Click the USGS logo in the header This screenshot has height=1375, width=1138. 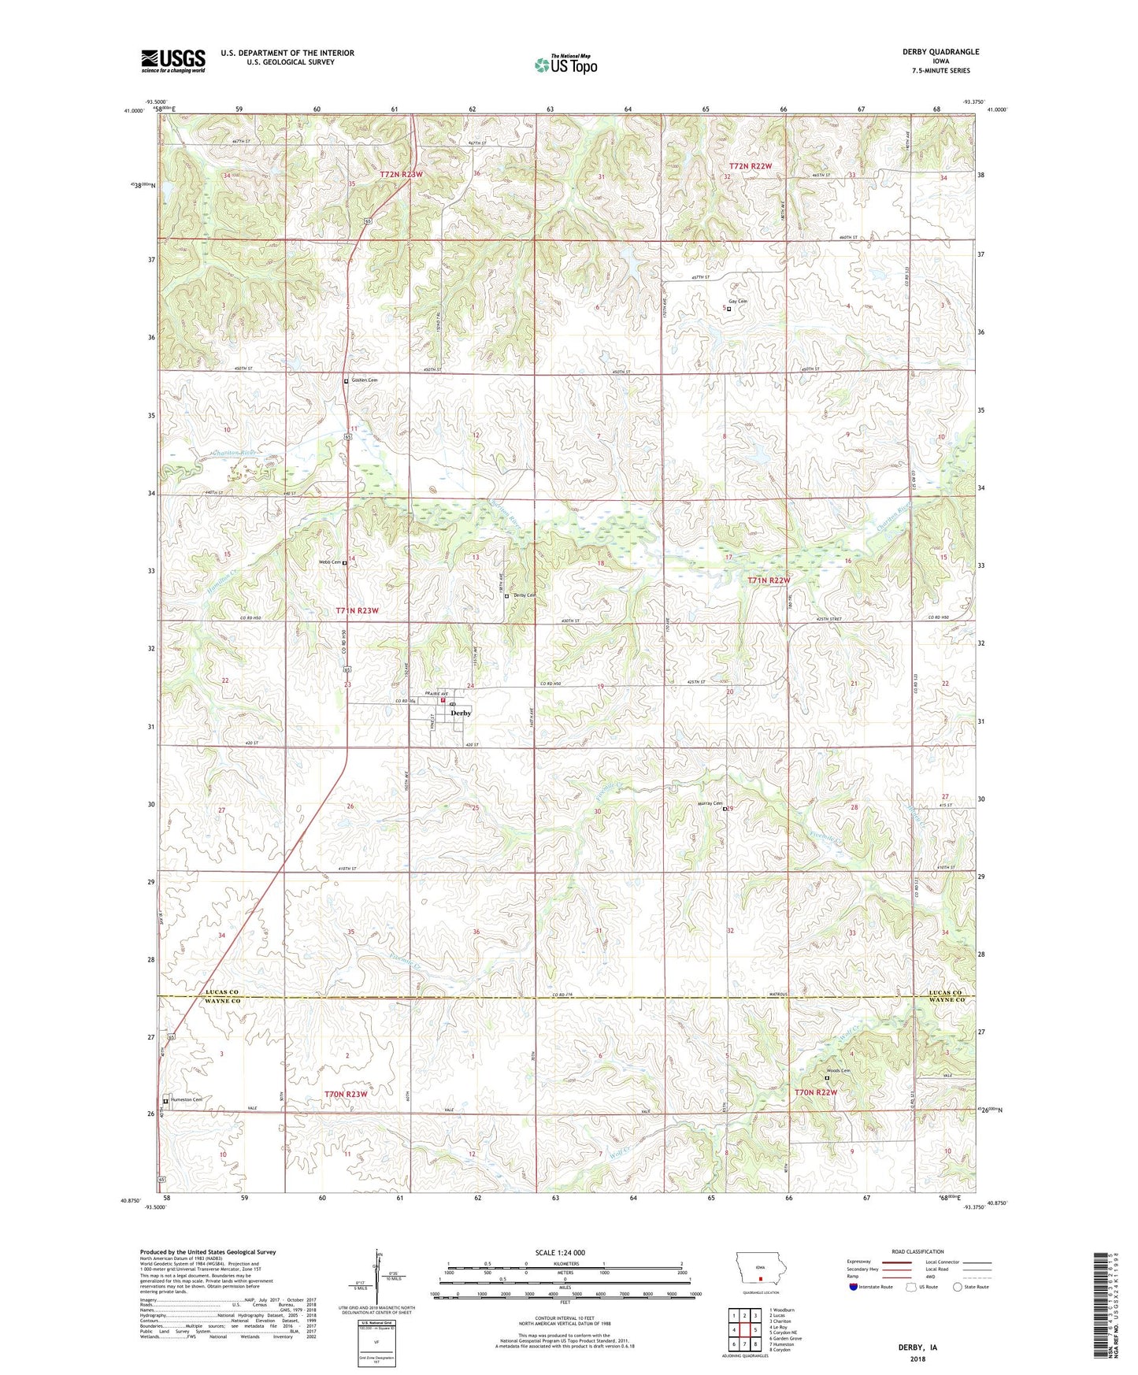click(172, 61)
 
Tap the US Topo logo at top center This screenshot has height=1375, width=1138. click(565, 65)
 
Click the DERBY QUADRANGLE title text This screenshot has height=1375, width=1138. click(940, 52)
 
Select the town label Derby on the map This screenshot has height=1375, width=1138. click(461, 713)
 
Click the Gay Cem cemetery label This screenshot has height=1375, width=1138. click(737, 302)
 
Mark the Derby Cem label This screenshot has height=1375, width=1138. click(524, 595)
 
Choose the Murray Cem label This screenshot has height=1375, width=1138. click(710, 803)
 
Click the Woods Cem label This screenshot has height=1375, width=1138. click(838, 1071)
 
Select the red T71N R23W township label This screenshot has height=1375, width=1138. click(357, 610)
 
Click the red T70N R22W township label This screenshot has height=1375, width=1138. click(815, 1092)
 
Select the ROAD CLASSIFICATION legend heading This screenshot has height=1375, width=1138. click(917, 1251)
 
